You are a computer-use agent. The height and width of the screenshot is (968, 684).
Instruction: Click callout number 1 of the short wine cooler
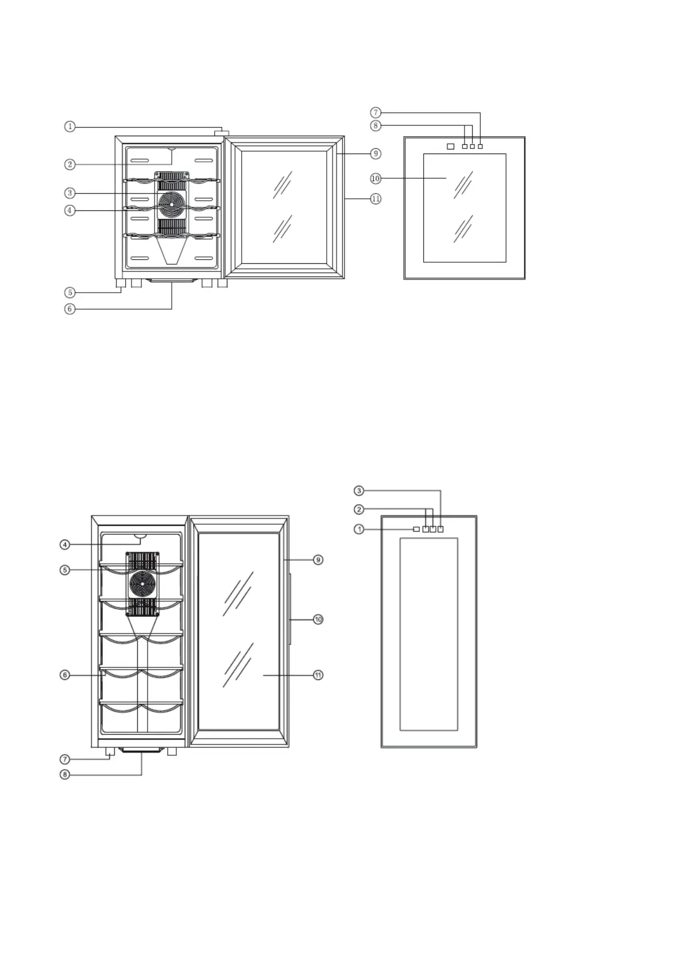(x=69, y=126)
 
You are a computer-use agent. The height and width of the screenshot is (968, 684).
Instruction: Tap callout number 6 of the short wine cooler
(x=69, y=309)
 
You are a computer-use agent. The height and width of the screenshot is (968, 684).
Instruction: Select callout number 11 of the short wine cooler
(x=376, y=199)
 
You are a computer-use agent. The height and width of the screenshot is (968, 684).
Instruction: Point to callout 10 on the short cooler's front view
(x=376, y=179)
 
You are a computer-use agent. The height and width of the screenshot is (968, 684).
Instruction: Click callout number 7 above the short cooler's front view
(x=376, y=113)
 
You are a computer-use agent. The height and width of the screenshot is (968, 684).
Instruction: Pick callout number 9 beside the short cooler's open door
(x=376, y=153)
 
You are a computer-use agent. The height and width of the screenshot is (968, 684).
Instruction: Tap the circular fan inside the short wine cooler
(x=171, y=203)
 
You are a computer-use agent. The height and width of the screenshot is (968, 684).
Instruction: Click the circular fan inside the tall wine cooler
(x=142, y=585)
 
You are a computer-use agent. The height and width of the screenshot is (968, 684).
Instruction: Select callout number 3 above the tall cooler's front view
(x=359, y=491)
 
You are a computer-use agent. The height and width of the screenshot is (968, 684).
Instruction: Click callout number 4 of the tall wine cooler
(x=65, y=544)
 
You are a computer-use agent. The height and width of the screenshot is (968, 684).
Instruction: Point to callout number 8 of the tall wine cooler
(x=65, y=775)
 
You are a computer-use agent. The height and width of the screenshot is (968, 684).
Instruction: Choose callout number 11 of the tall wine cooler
(x=318, y=675)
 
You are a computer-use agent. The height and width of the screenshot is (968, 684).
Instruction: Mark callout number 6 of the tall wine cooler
(x=65, y=675)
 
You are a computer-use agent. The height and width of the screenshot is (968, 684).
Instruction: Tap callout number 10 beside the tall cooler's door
(x=318, y=620)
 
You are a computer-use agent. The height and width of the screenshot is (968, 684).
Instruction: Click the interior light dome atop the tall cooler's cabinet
(x=140, y=537)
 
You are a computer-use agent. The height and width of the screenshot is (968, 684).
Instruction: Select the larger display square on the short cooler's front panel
(x=450, y=147)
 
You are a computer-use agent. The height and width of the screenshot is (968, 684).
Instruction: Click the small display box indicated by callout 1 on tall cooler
(x=416, y=529)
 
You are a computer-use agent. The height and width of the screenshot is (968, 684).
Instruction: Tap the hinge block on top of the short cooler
(x=221, y=133)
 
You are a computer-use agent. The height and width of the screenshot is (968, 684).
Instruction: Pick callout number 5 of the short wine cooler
(x=69, y=293)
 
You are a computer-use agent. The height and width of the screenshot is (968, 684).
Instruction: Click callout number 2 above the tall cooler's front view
(x=359, y=509)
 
